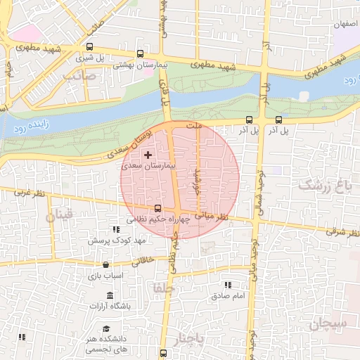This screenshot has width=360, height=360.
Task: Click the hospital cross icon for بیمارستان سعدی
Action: point(147,154)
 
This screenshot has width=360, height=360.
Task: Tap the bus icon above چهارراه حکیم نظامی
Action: point(157,208)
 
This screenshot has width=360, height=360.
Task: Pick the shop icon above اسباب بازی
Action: point(105,264)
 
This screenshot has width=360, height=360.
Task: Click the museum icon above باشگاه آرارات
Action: point(110,295)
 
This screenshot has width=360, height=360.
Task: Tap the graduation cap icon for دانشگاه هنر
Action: point(106,329)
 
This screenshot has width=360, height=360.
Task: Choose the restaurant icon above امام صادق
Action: point(227,285)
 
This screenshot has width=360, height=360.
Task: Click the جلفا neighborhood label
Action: point(162,288)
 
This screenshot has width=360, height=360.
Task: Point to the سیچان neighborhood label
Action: point(328,324)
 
